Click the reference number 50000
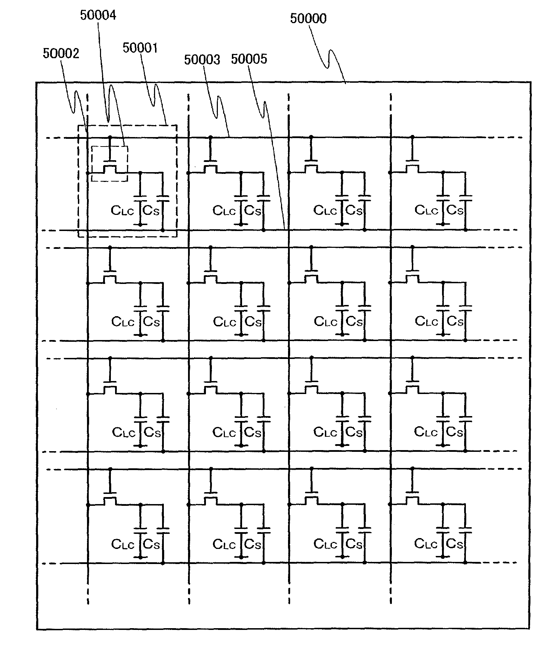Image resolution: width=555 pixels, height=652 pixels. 308,19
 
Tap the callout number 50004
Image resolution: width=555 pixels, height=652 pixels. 98,15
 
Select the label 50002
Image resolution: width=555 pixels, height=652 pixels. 61,54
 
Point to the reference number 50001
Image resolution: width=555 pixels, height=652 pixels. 140,48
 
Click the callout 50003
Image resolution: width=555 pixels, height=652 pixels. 202,60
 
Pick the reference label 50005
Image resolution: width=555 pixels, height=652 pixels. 249,59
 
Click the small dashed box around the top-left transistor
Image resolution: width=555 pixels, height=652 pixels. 110,164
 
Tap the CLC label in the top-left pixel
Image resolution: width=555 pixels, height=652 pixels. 122,211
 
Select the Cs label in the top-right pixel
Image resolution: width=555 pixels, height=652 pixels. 455,210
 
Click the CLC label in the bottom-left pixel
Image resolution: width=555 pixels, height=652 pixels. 122,544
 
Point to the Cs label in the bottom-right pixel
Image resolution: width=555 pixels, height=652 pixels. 455,544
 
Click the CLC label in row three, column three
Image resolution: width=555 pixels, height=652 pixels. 325,433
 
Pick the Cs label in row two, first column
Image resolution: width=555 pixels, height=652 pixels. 152,321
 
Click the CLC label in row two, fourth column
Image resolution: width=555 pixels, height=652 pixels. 426,321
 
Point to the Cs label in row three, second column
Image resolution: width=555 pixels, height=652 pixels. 253,433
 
